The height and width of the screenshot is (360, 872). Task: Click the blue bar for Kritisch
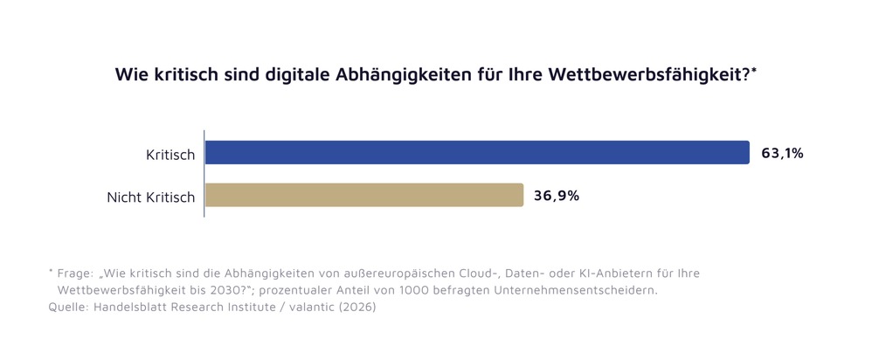(x=476, y=153)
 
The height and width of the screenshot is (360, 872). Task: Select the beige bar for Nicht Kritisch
(x=363, y=196)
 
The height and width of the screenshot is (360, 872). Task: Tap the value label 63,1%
(x=782, y=153)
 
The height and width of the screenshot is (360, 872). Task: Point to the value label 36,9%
(x=557, y=196)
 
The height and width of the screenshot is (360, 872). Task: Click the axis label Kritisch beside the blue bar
(x=170, y=155)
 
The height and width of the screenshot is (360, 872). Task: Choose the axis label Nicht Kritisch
(x=150, y=197)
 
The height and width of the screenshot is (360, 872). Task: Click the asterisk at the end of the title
(x=754, y=70)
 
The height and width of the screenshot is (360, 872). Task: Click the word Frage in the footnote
(x=76, y=273)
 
